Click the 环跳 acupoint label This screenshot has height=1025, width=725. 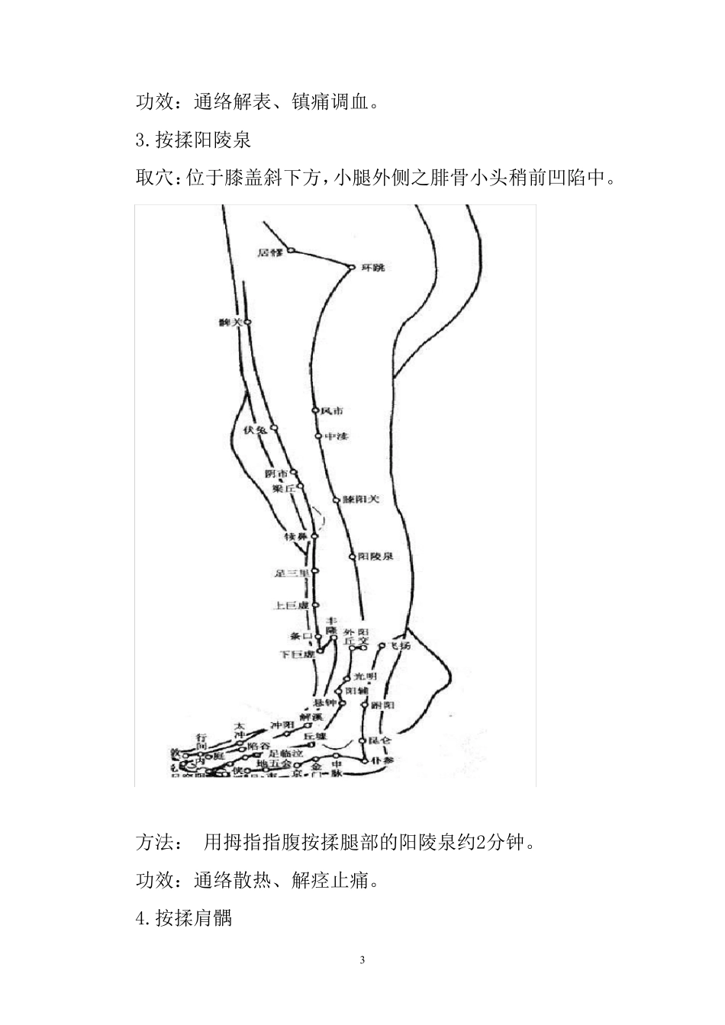[x=373, y=268]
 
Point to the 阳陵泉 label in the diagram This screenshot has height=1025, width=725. [x=375, y=557]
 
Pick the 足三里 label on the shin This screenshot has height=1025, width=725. [x=292, y=572]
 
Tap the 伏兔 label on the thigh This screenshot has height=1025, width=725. [x=254, y=430]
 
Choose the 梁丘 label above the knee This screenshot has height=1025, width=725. [x=284, y=489]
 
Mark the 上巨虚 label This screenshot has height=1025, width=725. [x=291, y=606]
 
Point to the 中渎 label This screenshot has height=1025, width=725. [x=337, y=437]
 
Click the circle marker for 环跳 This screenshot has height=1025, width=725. [x=352, y=267]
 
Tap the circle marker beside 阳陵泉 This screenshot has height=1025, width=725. [x=353, y=557]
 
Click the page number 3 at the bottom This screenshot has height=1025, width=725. [x=362, y=959]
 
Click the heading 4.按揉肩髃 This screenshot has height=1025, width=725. [x=184, y=918]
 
